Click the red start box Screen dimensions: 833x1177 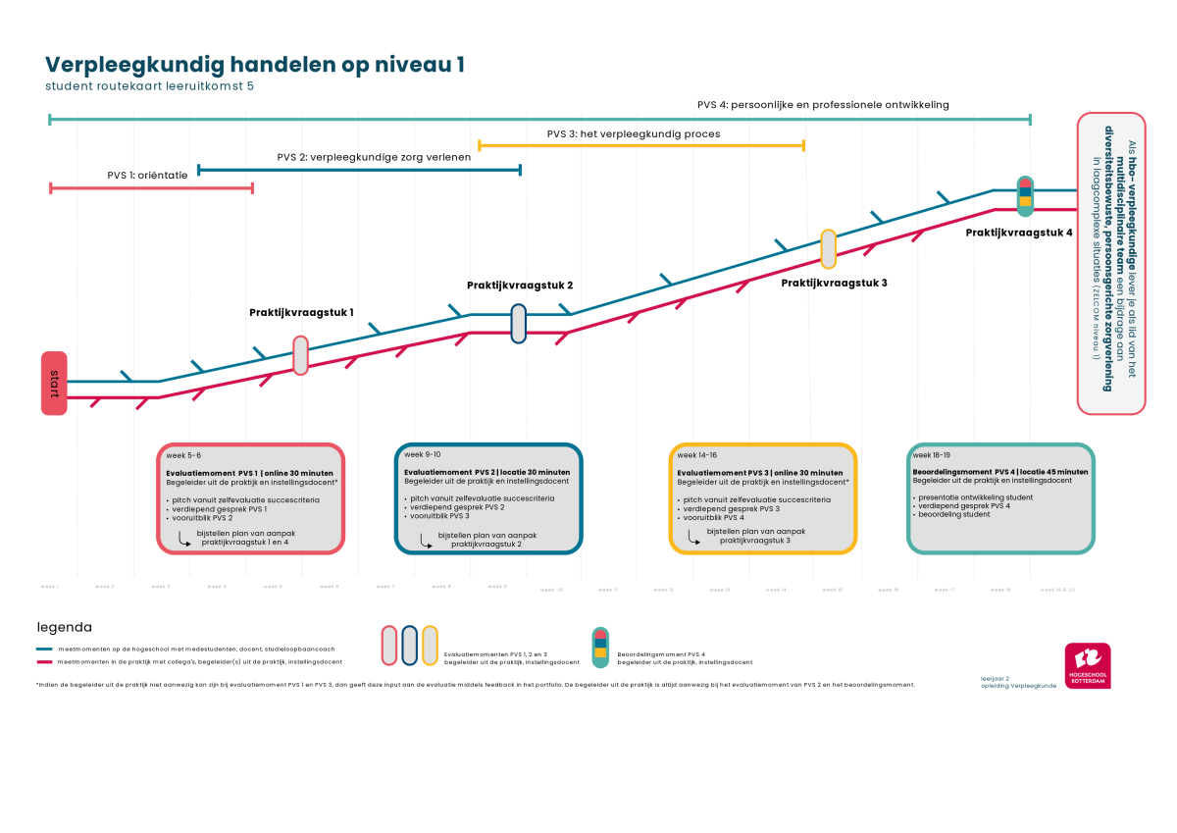click(x=54, y=383)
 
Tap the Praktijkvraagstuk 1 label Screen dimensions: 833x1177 click(x=301, y=313)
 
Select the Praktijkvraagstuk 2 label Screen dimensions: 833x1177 click(x=519, y=286)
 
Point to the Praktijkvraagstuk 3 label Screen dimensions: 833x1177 click(x=834, y=284)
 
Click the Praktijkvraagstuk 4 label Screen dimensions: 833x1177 click(x=1018, y=234)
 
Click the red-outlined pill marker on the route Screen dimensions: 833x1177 click(x=301, y=355)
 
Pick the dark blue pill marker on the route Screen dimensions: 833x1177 click(x=519, y=324)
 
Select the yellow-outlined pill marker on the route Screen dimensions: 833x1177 click(x=828, y=249)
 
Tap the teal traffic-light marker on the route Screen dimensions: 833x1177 click(x=1025, y=196)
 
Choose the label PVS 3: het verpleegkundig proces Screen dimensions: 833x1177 click(x=633, y=134)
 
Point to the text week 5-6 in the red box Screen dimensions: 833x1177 click(x=183, y=455)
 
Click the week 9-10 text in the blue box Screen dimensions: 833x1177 click(x=422, y=454)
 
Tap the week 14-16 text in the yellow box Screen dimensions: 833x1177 click(x=697, y=455)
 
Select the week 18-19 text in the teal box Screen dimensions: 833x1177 click(x=932, y=455)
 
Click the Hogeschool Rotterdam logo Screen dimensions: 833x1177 click(x=1088, y=665)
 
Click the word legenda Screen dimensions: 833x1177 click(x=65, y=627)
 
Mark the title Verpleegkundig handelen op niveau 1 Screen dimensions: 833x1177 click(x=255, y=65)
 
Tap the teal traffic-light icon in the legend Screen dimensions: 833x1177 click(x=600, y=648)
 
